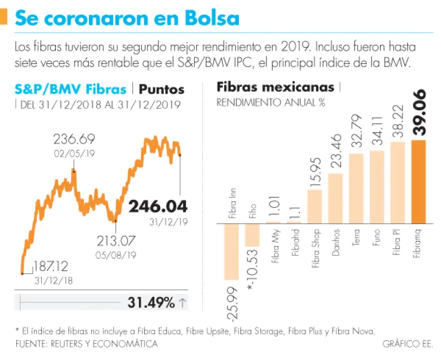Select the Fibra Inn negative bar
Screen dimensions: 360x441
coord(231,251)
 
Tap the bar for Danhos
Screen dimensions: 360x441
coord(335,198)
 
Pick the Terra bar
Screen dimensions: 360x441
coord(356,188)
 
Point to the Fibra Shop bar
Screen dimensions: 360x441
coord(315,206)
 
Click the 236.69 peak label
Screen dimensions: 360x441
coord(74,140)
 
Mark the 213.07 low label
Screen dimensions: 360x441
coord(115,241)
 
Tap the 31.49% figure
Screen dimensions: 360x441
coord(148,303)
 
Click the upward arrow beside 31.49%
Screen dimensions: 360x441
coord(183,303)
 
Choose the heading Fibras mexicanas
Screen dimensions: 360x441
coord(275,87)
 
